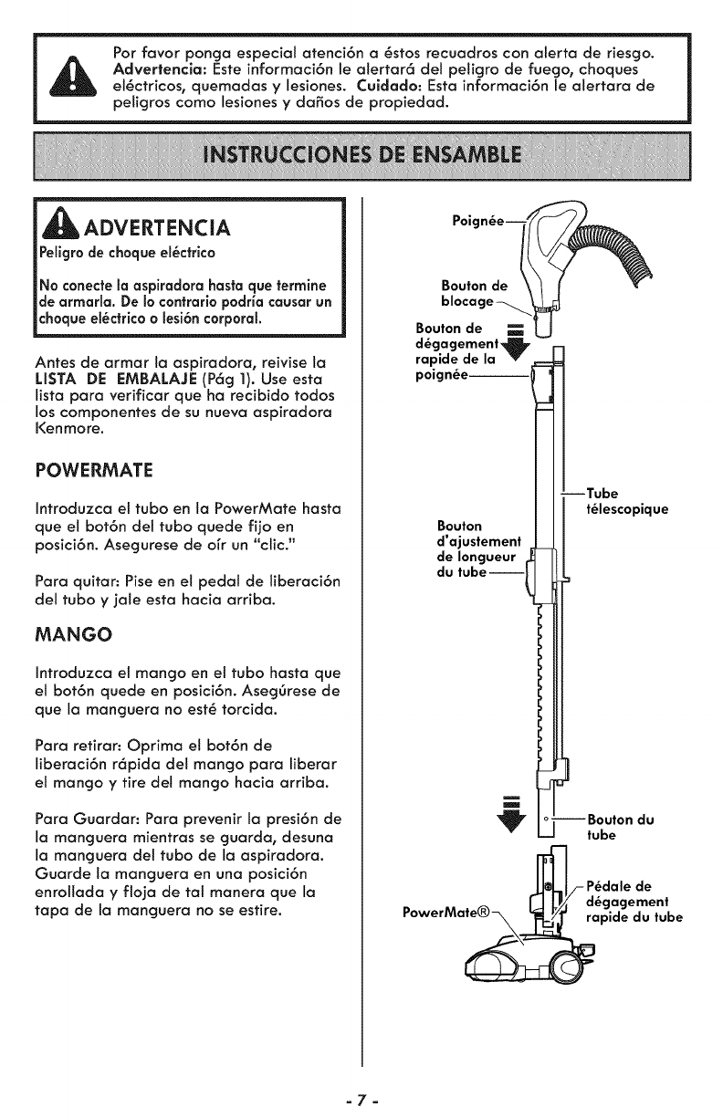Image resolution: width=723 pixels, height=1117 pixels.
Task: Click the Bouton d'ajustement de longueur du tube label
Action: (x=477, y=549)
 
